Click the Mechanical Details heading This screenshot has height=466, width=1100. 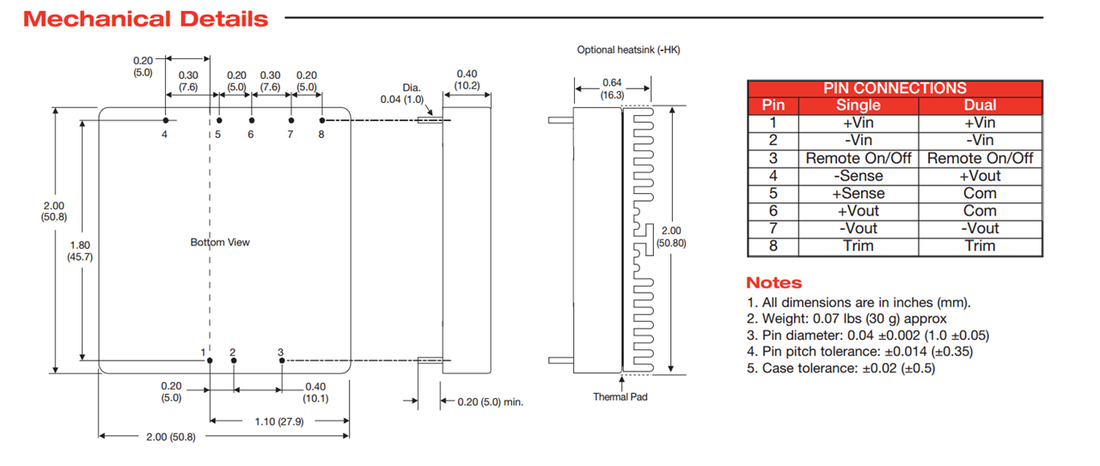coord(146,19)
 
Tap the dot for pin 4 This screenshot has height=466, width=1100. coord(165,120)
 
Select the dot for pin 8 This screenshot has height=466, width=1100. coord(322,120)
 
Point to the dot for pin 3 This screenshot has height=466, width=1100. coord(282,361)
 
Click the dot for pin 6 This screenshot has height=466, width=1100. coord(251,120)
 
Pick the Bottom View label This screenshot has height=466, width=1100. coord(220,243)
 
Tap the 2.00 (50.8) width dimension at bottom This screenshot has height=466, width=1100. coord(171,437)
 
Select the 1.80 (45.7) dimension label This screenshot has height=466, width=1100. coord(80,251)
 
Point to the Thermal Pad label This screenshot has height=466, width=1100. coord(620,396)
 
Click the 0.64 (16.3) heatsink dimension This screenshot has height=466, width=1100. coord(611,88)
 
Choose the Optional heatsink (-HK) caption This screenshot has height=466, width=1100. coord(628,51)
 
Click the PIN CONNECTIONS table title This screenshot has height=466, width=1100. coord(895,88)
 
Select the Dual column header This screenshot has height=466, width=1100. coord(980,105)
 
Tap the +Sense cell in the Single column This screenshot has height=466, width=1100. coord(858,193)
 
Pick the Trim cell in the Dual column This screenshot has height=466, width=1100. coord(980,246)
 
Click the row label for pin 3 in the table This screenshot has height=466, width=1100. coord(773,158)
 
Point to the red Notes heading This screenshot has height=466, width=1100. coord(773,282)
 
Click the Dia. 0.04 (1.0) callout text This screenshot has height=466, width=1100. coord(404,94)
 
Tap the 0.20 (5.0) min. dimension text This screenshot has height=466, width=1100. coord(490,402)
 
